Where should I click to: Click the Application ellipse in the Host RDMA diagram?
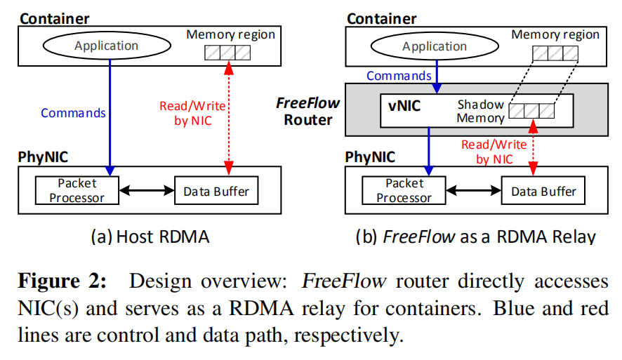point(107,46)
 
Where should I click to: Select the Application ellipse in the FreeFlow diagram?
point(434,46)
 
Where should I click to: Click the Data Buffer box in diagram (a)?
point(216,190)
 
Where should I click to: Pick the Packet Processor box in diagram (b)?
point(404,190)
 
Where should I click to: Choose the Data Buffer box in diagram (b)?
point(543,191)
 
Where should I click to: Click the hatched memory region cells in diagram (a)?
point(227,52)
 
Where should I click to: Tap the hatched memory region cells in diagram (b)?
point(554,52)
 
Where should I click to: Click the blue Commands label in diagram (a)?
point(73,113)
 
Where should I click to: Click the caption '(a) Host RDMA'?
point(150,236)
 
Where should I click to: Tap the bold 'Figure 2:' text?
point(62,282)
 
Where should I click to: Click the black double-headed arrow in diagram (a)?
point(147,190)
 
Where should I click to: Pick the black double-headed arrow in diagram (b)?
point(474,190)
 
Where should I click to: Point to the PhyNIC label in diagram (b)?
point(370,156)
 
